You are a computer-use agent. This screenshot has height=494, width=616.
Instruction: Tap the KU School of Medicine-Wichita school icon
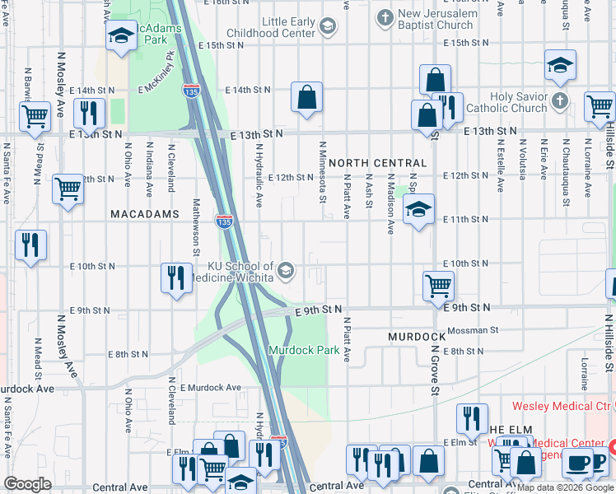[x=286, y=271]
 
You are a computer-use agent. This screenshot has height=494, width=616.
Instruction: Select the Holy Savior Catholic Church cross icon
[x=559, y=101]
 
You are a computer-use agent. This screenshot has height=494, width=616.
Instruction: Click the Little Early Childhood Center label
[x=289, y=27]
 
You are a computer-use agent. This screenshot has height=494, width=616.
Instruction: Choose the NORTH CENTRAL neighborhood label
[x=378, y=164]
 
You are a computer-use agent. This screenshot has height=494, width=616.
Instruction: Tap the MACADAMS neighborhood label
[x=145, y=214]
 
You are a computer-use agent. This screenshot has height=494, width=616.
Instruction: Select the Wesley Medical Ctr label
[x=561, y=406]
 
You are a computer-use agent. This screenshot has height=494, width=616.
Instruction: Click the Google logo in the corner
[x=27, y=484]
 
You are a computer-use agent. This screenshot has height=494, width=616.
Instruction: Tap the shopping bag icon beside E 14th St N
[x=306, y=98]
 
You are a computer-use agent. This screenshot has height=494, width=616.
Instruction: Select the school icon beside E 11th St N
[x=418, y=210]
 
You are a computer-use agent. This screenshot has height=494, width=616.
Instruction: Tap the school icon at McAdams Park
[x=121, y=35]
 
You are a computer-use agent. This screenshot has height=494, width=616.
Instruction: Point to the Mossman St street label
[x=471, y=330]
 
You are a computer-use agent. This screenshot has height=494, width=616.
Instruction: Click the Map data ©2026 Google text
[x=558, y=488]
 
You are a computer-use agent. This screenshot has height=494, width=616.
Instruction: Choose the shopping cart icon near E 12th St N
[x=68, y=189]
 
